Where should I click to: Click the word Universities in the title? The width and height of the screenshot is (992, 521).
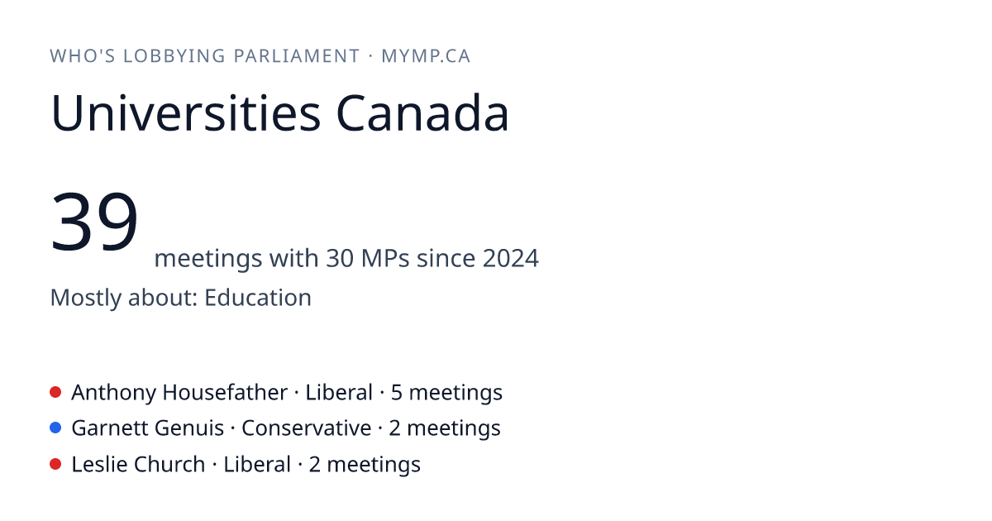pos(185,113)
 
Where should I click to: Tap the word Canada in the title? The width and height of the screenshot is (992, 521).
pos(422,113)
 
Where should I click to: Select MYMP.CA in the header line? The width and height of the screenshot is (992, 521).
pos(426,56)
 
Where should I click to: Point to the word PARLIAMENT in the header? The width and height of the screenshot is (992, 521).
pos(297,56)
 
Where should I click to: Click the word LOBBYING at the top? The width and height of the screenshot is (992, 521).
pos(174,56)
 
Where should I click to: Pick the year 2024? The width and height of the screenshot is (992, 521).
pos(511,258)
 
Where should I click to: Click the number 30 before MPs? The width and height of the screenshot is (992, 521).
pos(340,258)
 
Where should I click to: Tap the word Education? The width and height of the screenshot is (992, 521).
pos(258,297)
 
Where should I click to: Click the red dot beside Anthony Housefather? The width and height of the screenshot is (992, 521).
pos(55,392)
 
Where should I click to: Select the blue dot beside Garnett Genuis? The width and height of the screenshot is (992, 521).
pos(55,428)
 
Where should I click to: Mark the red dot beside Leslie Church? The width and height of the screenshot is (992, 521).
pos(55,464)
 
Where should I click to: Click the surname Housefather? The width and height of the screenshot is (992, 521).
pos(225,393)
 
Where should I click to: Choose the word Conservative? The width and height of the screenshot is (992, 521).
pos(307,428)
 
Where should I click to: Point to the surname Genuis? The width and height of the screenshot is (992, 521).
pos(189,429)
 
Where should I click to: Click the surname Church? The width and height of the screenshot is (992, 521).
pos(169,464)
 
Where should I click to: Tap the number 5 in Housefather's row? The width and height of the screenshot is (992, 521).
pos(396,393)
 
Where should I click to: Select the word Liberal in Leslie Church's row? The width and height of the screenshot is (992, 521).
pos(257,464)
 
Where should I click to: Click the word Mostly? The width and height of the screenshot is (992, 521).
pos(86,299)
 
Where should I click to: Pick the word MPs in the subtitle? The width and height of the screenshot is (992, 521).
pos(385,258)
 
